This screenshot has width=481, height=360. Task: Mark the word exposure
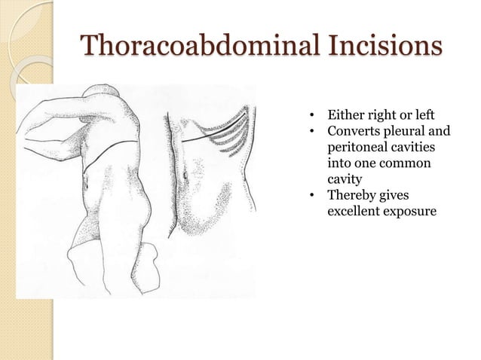[412, 213]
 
